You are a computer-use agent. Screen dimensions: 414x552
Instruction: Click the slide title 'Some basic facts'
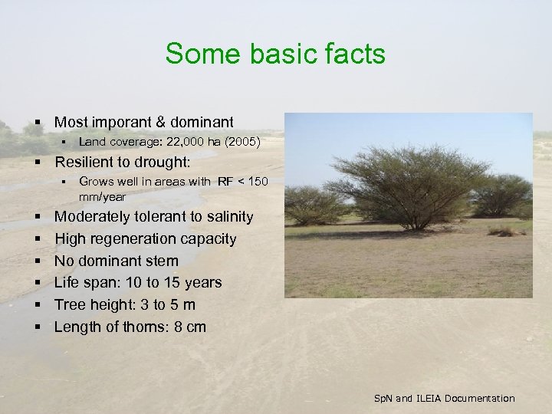(x=275, y=54)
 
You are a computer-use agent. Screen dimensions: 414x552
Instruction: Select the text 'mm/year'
(x=102, y=197)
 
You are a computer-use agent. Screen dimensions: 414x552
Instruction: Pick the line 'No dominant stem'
(x=116, y=261)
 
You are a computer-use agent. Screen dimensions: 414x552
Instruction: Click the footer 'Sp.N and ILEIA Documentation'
(x=444, y=398)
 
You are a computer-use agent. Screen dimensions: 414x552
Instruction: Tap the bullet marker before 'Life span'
(x=37, y=283)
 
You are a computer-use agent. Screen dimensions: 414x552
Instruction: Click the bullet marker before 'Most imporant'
(x=37, y=122)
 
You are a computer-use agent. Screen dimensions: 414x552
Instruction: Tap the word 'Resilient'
(x=84, y=163)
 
